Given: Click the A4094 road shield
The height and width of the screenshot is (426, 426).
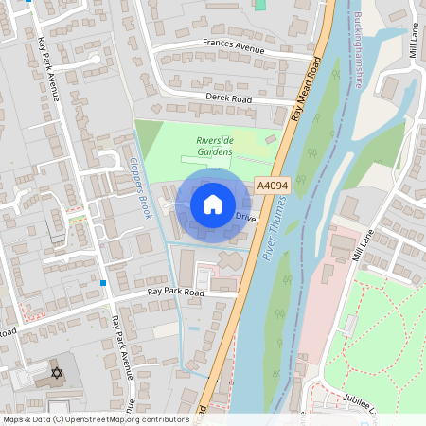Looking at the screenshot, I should [271, 186].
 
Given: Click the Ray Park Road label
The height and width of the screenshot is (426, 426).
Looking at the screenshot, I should [175, 293].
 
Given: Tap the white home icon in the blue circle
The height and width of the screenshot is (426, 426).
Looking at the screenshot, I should [213, 204].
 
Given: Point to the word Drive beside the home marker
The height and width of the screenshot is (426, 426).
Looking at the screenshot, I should [245, 218].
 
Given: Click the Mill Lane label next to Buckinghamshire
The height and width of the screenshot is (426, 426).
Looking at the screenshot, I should [413, 43].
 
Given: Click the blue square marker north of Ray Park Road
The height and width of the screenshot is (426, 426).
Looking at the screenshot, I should [102, 282].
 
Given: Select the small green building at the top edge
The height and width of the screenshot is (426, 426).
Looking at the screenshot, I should [260, 4].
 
